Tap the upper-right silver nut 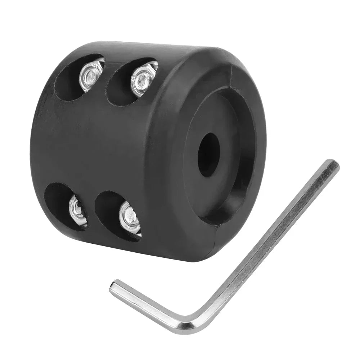point(143,79)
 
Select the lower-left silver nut point(78,211)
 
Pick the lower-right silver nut point(130,218)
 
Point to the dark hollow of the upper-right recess point(121,90)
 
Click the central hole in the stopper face point(209,155)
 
